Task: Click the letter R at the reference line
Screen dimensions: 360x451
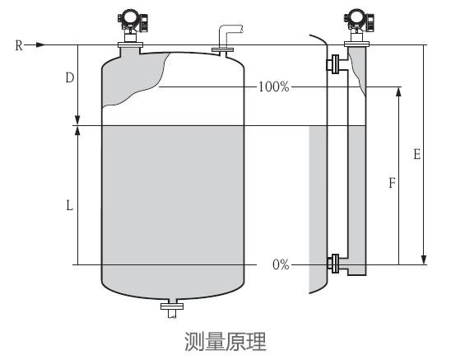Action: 18,45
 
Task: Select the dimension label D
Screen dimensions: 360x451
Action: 70,78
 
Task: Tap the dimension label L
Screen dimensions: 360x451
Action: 70,206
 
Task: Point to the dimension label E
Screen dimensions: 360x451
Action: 417,154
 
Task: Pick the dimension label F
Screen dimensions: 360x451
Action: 392,185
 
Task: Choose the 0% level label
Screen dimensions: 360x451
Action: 280,264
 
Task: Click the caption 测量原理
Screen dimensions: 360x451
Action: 225,339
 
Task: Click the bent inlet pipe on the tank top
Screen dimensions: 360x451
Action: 227,37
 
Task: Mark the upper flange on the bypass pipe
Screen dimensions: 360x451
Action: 335,63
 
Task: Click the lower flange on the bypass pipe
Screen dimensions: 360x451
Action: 335,264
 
